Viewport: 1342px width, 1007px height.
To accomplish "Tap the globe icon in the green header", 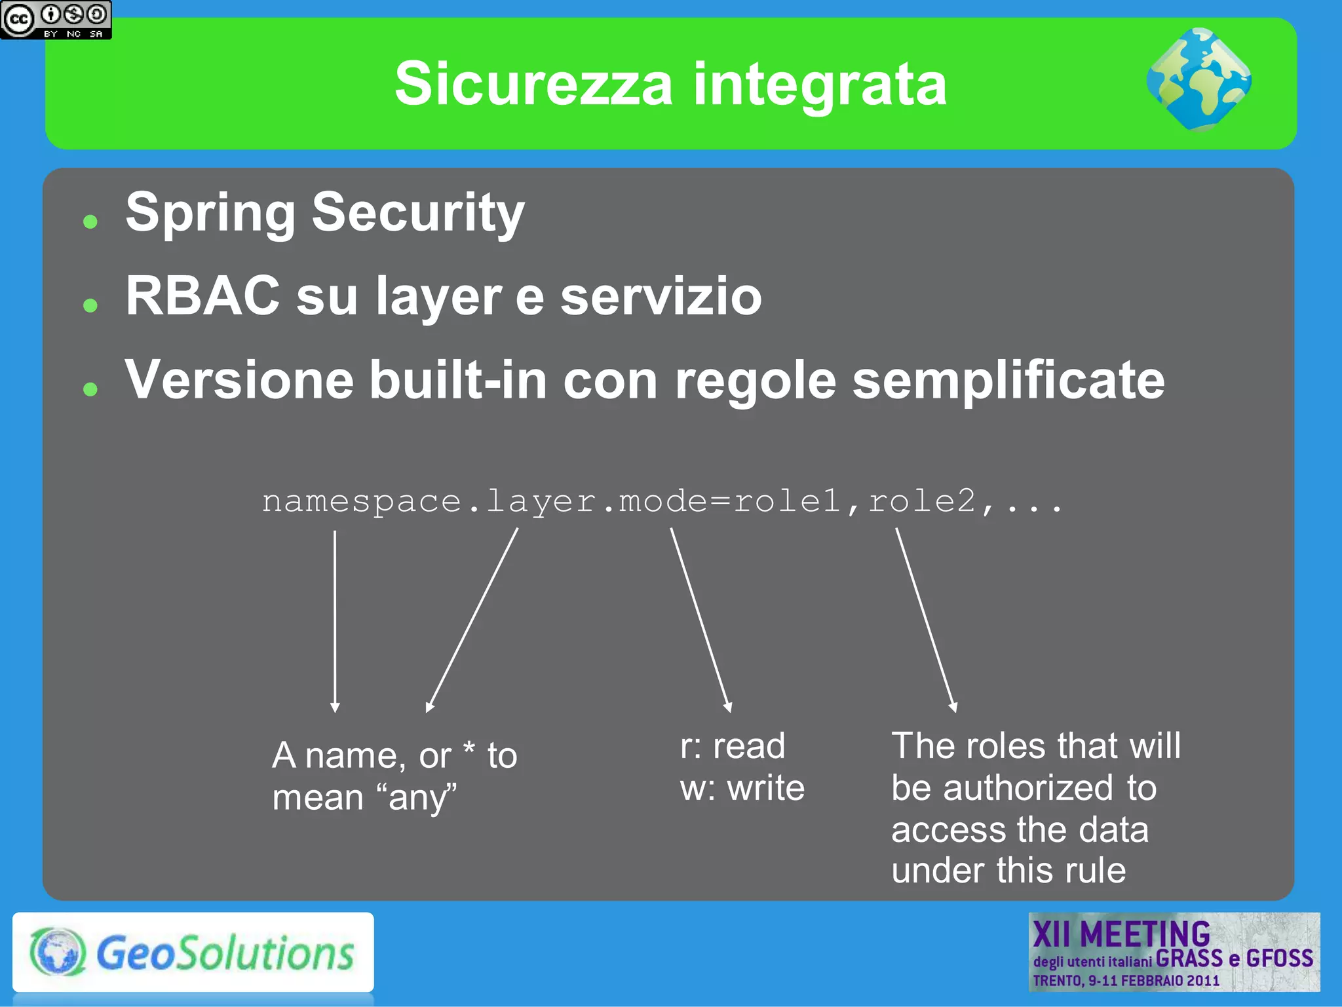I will click(x=1198, y=79).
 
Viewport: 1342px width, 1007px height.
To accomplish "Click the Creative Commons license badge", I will click(x=56, y=20).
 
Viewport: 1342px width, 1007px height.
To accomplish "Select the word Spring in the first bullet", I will click(x=210, y=213).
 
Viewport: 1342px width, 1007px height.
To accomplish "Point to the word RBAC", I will click(x=202, y=296).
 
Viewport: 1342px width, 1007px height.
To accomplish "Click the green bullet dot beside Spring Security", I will click(x=90, y=221).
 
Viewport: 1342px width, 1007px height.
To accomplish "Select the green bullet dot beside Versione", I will click(x=90, y=389).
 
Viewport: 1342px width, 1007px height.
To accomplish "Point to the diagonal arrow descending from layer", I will click(x=472, y=620).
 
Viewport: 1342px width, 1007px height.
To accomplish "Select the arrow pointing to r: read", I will click(x=700, y=620).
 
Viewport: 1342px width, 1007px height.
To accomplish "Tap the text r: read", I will click(x=732, y=746).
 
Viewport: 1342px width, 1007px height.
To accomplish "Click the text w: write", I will click(x=742, y=788).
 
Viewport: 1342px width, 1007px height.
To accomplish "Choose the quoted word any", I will click(x=417, y=798).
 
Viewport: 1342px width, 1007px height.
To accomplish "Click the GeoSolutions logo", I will click(x=193, y=952).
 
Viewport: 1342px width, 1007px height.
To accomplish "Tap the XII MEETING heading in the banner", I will click(x=1121, y=934).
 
